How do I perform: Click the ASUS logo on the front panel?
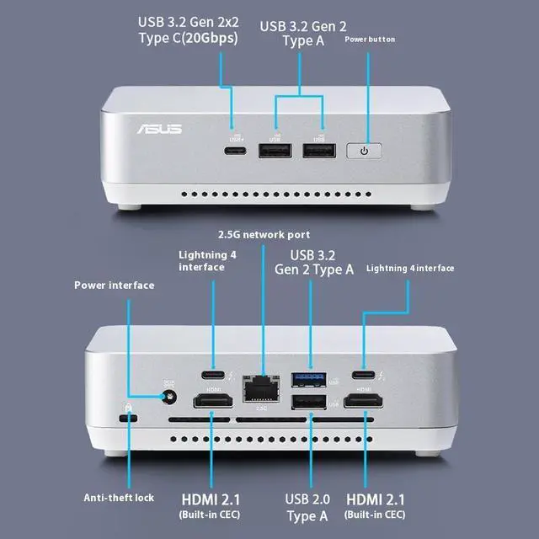click(158, 129)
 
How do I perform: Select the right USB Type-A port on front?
click(318, 152)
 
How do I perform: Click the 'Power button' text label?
click(369, 40)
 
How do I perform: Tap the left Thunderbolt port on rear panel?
click(212, 376)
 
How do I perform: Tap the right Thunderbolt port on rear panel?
click(364, 376)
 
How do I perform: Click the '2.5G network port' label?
click(264, 234)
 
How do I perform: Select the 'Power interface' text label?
click(114, 286)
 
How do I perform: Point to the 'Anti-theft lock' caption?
click(118, 498)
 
